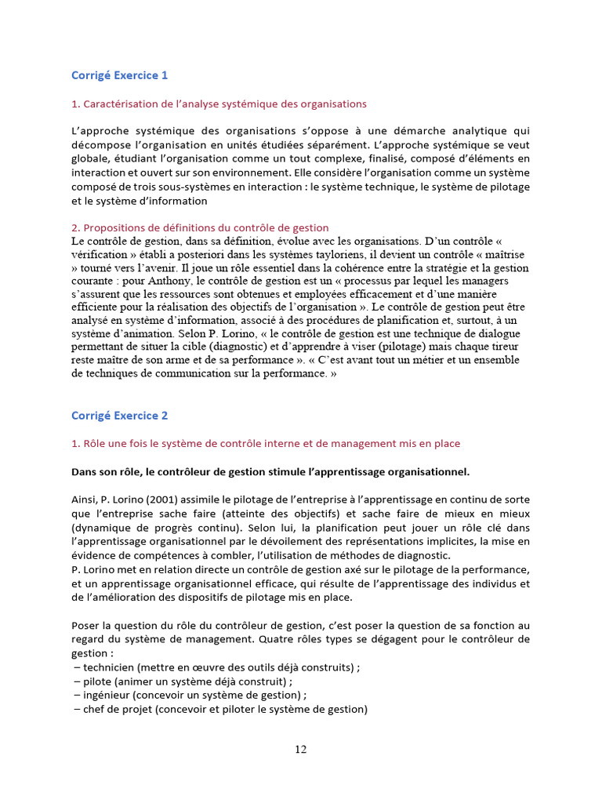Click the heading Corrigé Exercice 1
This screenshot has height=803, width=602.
[119, 76]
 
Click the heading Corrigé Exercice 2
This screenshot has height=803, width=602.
[119, 416]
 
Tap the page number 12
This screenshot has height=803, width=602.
[301, 749]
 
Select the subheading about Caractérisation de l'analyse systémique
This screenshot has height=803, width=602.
[219, 104]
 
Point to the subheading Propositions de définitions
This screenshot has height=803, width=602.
[200, 227]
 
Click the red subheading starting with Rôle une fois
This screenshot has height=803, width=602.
[266, 443]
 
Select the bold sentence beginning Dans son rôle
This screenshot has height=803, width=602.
[270, 471]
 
